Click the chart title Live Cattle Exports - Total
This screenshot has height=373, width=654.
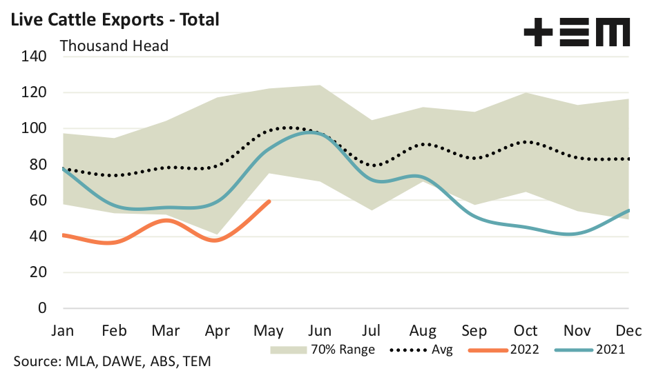(112, 19)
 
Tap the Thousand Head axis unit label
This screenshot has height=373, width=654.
(115, 46)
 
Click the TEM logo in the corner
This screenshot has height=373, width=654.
(577, 33)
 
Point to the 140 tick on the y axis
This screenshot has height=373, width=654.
(33, 57)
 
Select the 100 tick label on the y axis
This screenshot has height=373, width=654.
(33, 129)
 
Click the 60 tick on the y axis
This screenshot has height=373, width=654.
(37, 201)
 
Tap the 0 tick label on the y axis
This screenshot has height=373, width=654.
(41, 308)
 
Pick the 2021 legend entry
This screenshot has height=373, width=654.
(590, 350)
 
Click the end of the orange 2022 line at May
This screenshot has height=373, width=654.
(269, 201)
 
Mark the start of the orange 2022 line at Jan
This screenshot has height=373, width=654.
(64, 235)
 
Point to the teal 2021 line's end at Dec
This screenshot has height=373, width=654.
(628, 210)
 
